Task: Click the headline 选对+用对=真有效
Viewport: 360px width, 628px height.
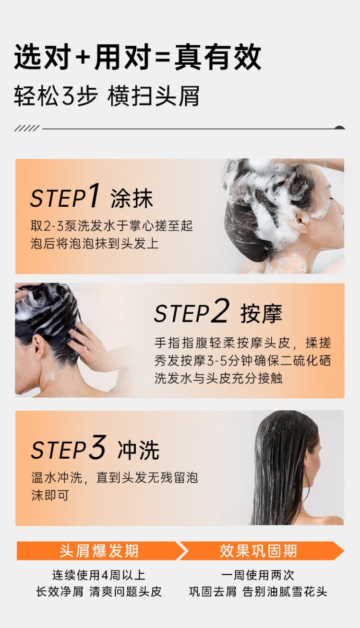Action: (138, 57)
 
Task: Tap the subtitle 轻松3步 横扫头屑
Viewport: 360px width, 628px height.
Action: (107, 96)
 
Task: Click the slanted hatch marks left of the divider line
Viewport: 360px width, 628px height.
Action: (27, 129)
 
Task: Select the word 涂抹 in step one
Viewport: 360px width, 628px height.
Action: (132, 198)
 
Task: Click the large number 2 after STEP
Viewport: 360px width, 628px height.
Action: (220, 310)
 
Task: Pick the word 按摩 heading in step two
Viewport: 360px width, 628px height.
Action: (261, 313)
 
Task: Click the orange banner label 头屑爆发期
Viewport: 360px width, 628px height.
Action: (99, 551)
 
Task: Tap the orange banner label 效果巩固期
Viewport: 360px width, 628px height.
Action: (258, 551)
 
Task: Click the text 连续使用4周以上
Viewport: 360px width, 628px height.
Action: (98, 575)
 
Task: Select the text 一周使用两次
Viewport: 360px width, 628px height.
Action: (258, 575)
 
